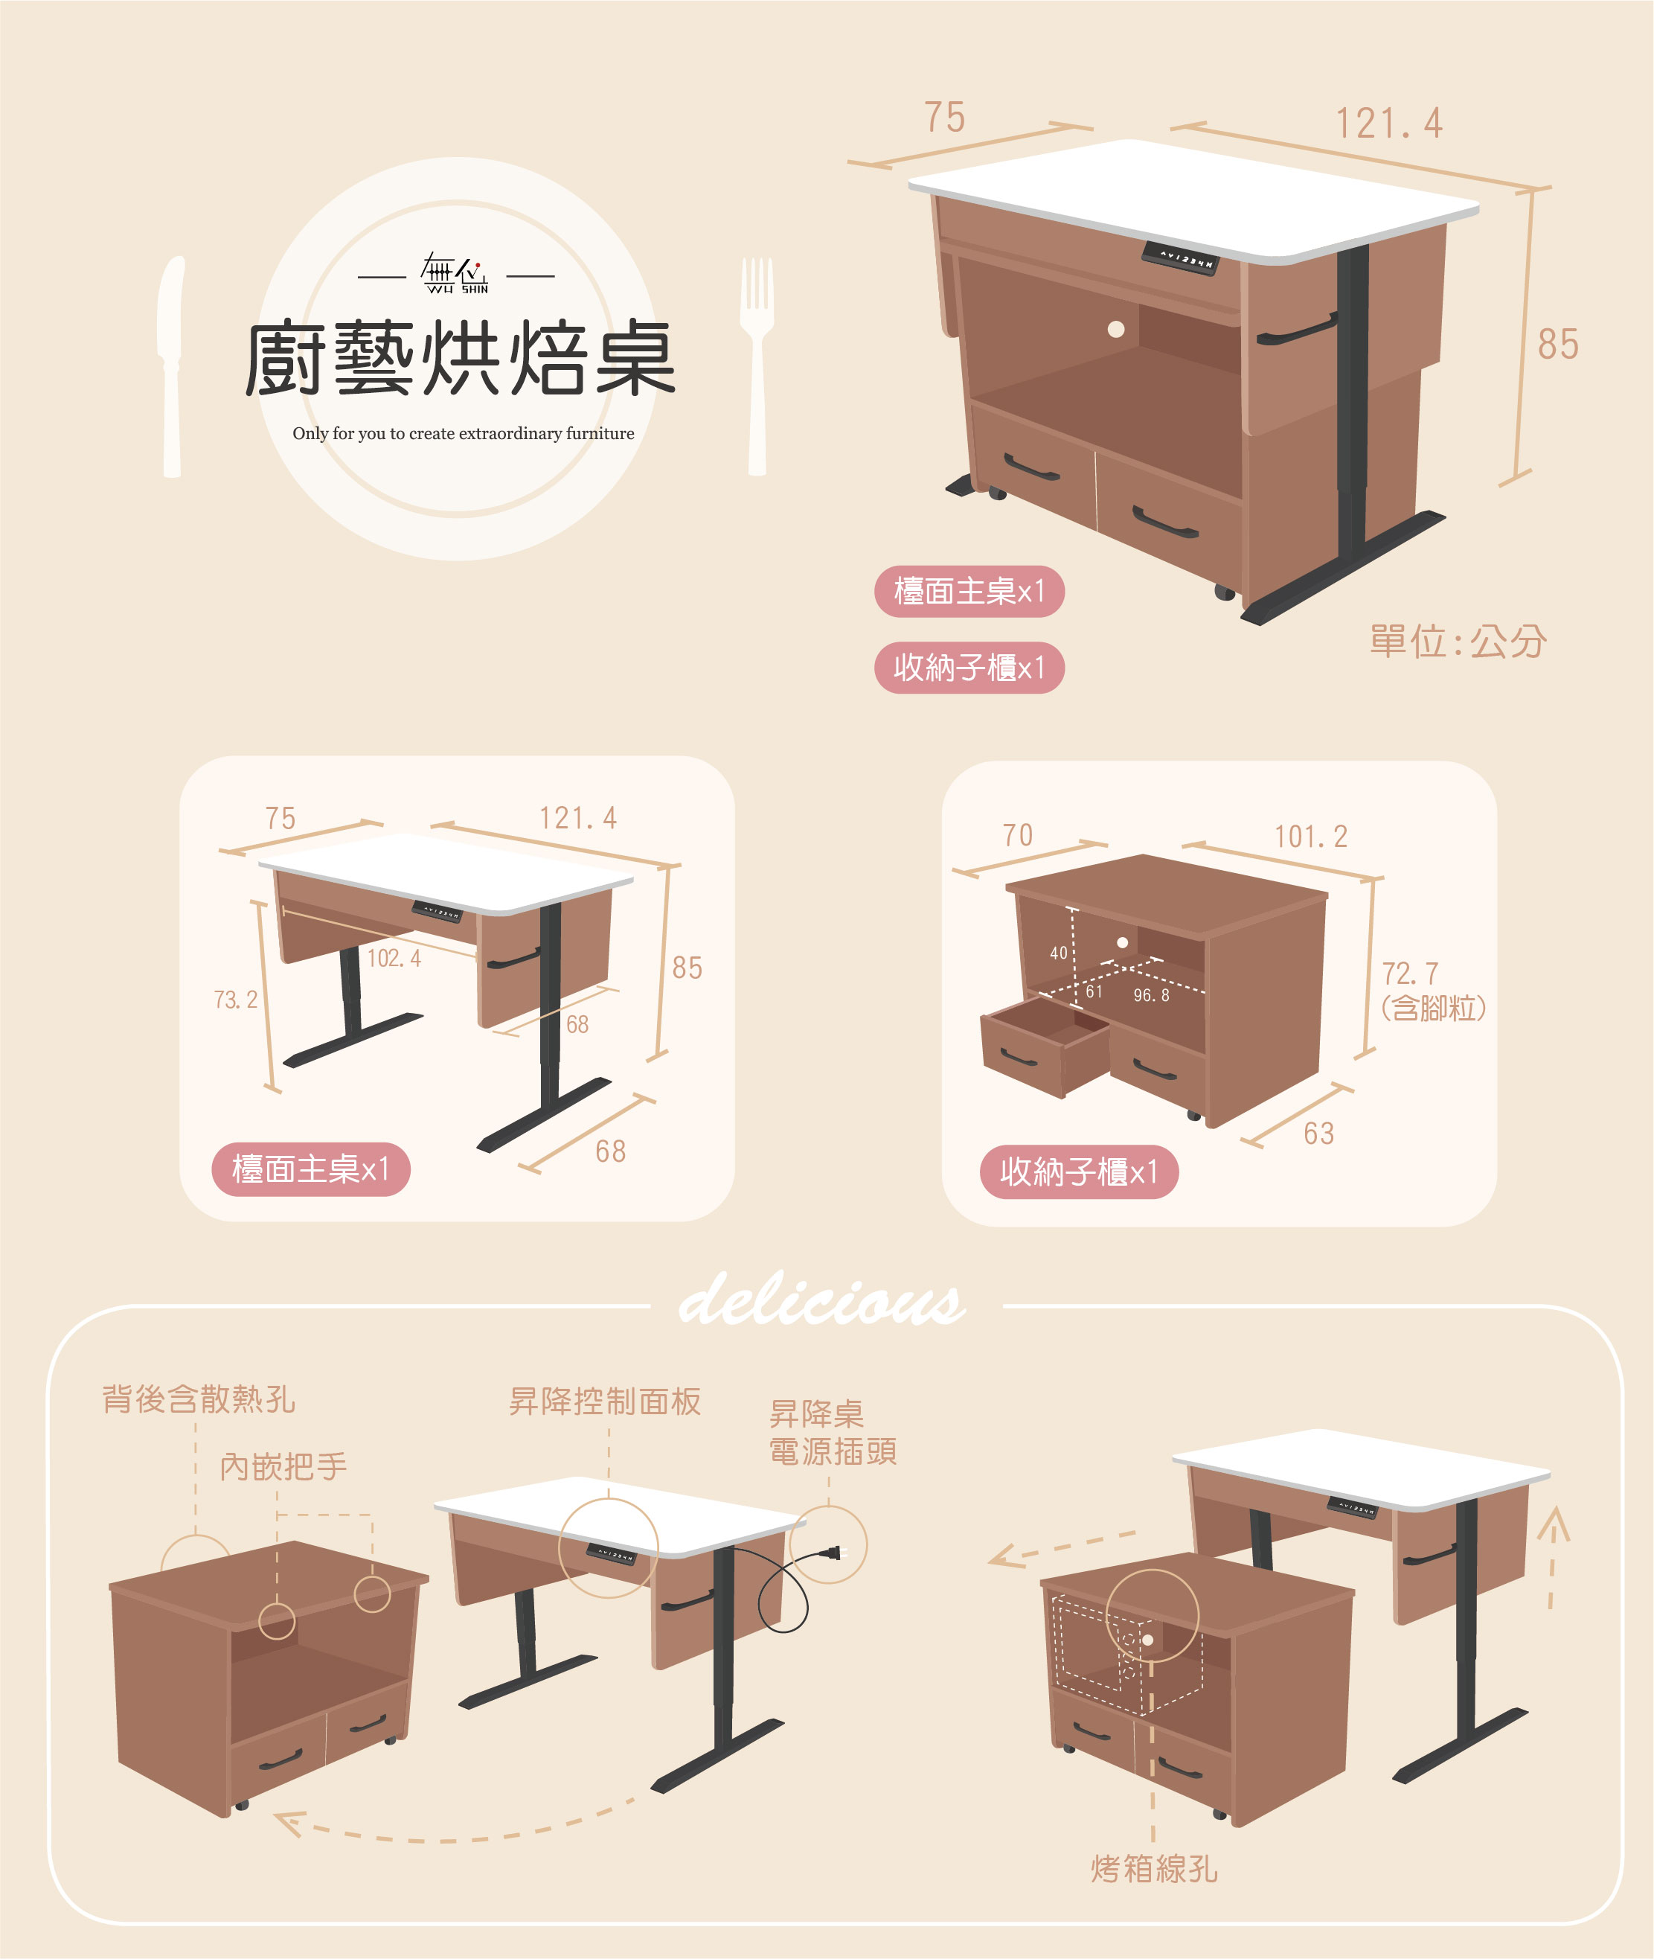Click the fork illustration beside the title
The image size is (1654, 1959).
[757, 365]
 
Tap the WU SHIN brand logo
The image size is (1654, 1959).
[455, 274]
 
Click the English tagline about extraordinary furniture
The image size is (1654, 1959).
[464, 433]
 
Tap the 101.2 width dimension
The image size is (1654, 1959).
[1310, 837]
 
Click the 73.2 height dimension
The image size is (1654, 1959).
[235, 1000]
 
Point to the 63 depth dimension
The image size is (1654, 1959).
[1318, 1134]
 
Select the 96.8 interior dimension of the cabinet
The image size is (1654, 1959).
[1152, 995]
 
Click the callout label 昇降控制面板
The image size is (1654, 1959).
[605, 1401]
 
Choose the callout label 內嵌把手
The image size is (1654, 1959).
[283, 1467]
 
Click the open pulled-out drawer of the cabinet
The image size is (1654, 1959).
[1045, 1045]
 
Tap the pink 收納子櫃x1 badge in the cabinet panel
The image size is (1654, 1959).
[1078, 1172]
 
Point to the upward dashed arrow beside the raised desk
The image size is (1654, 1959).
[1553, 1556]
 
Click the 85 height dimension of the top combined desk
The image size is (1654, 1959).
[1557, 344]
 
